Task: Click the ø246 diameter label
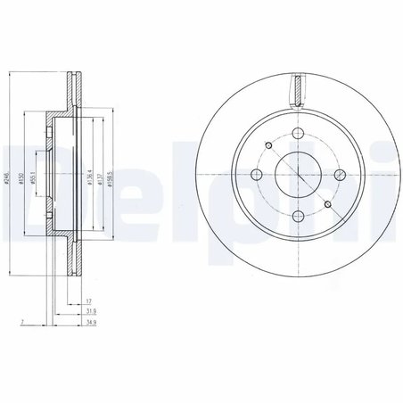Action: tap(6, 177)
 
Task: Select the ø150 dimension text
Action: tap(21, 177)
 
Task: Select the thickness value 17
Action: tap(91, 302)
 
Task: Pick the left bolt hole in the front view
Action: tap(258, 175)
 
